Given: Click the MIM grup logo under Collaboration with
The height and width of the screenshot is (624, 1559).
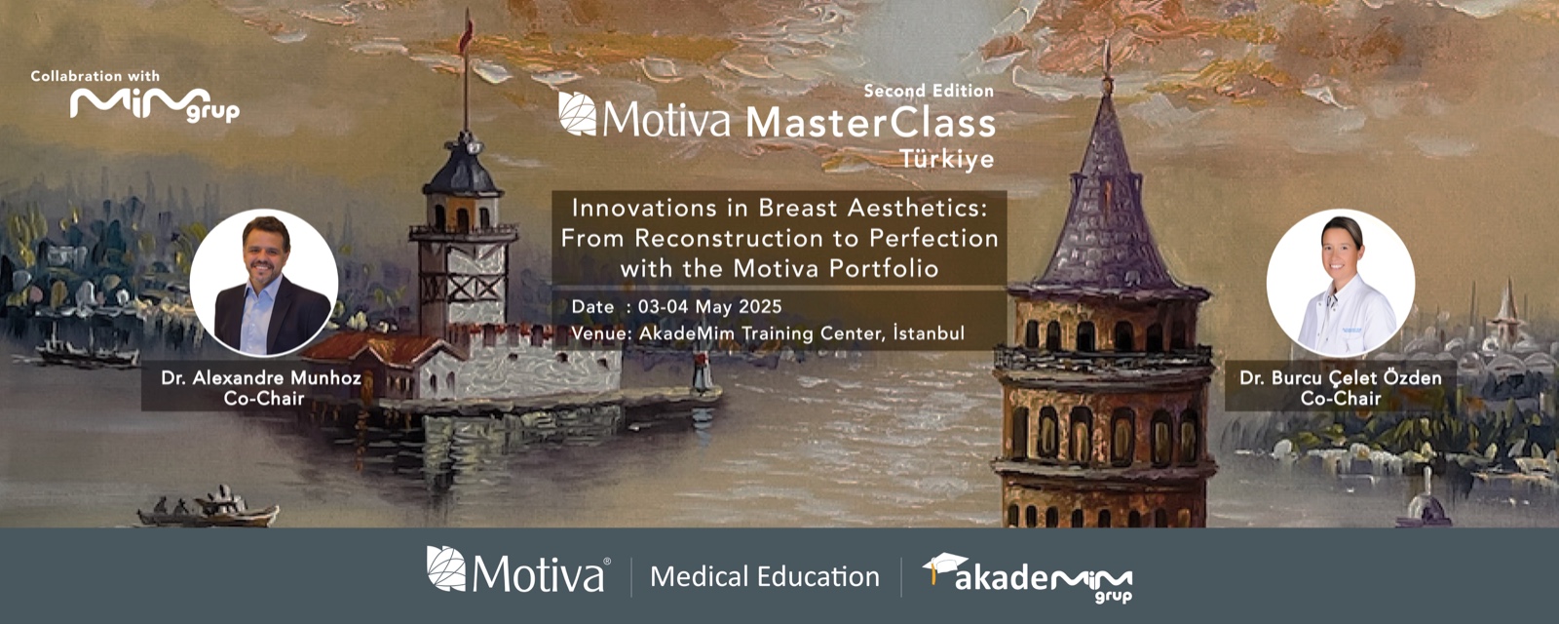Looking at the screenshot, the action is tap(155, 105).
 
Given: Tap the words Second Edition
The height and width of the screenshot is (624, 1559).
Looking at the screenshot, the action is tap(929, 91).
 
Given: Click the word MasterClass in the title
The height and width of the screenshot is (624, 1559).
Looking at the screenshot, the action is tap(871, 123).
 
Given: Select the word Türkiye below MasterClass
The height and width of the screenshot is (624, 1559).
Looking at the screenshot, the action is tap(947, 159).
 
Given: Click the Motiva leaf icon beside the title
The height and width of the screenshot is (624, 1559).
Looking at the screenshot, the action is tap(578, 113).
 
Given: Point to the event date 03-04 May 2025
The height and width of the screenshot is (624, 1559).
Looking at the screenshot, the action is tap(710, 306).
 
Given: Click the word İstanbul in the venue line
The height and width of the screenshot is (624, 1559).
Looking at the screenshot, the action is tap(930, 332).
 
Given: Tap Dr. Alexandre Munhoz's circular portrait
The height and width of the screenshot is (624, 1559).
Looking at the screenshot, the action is tap(264, 283).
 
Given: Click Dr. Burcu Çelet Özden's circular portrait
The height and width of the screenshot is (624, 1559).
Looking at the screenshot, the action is tap(1341, 283).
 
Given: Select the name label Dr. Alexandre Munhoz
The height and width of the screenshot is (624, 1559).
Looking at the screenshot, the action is tap(261, 378).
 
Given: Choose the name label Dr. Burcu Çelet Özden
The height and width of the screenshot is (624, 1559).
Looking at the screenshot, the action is tap(1341, 378).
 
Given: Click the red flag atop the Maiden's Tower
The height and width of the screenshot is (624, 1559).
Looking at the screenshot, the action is tap(466, 36).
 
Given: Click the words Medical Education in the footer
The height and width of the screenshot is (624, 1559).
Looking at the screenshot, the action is tap(765, 576).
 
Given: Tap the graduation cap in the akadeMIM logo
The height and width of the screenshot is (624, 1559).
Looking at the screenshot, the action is tap(944, 566).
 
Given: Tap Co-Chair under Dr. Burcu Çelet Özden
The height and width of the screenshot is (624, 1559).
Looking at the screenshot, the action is tap(1341, 399).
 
